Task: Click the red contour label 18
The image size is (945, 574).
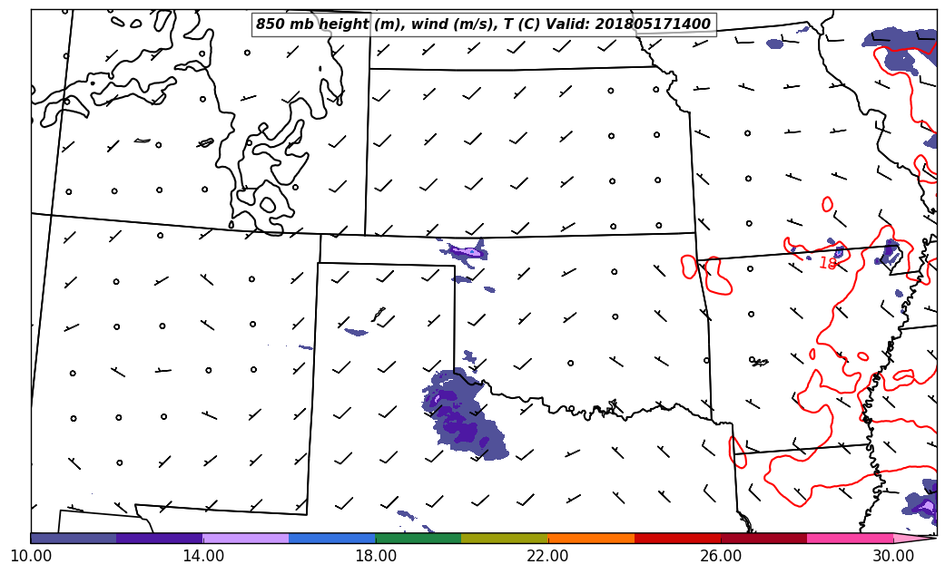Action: (828, 264)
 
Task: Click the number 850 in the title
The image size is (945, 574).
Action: (271, 24)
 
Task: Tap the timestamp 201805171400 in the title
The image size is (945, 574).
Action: (653, 24)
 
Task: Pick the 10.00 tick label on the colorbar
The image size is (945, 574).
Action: (31, 555)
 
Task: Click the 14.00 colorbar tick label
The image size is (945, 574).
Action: (202, 555)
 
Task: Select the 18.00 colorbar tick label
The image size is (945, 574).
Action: (375, 555)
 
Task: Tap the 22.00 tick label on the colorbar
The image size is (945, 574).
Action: (547, 555)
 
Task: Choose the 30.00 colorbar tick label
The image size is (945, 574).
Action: (892, 555)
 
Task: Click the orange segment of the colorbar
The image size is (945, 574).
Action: (591, 538)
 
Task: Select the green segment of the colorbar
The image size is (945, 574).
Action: (418, 538)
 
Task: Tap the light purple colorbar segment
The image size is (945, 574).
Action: (246, 538)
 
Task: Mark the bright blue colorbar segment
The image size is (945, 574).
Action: (332, 538)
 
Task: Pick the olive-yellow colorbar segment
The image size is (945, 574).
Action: (505, 538)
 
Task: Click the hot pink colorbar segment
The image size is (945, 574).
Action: (850, 538)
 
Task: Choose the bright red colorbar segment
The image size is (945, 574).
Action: (677, 538)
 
